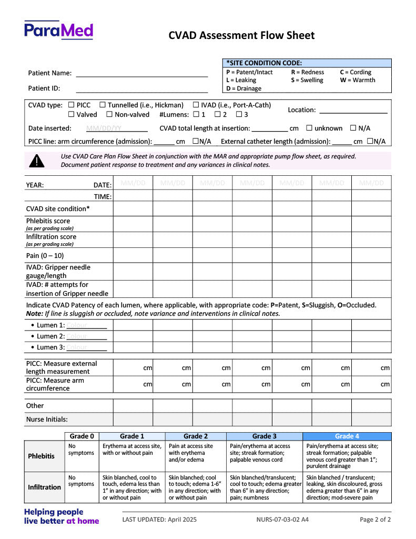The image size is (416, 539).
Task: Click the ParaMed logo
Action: (x=58, y=30)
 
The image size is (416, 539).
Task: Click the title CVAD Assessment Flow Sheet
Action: (x=241, y=35)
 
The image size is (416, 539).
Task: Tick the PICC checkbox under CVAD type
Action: (x=72, y=105)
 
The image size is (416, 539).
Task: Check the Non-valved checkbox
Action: (x=109, y=114)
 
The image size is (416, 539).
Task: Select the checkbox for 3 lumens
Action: (x=239, y=114)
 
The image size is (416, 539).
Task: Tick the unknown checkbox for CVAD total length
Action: (x=309, y=128)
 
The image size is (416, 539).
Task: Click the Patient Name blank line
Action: (x=142, y=74)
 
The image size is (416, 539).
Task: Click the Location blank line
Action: (x=353, y=110)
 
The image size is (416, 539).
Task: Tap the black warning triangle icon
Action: (x=37, y=161)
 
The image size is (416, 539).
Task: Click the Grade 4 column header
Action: (x=347, y=436)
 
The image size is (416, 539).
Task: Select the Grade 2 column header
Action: (x=196, y=436)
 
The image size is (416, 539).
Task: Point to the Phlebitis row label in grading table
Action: (x=41, y=456)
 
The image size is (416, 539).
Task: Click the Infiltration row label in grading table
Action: (x=44, y=487)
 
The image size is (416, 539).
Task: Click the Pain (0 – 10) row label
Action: (x=45, y=255)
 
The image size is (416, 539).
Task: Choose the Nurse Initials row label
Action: (x=47, y=420)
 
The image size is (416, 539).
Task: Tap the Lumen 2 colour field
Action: (x=86, y=336)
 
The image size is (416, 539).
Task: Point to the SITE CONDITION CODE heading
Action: (x=264, y=63)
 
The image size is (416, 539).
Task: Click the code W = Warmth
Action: (x=358, y=80)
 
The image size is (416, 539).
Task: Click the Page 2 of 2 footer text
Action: (x=375, y=520)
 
